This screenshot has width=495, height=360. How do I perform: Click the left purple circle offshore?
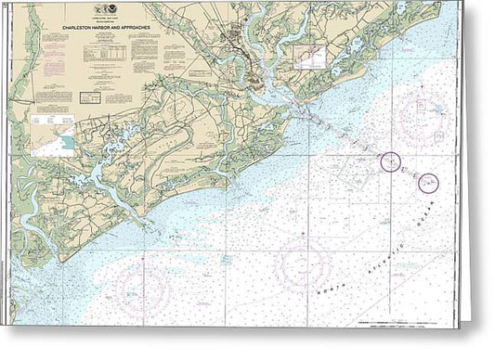[x=391, y=162]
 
